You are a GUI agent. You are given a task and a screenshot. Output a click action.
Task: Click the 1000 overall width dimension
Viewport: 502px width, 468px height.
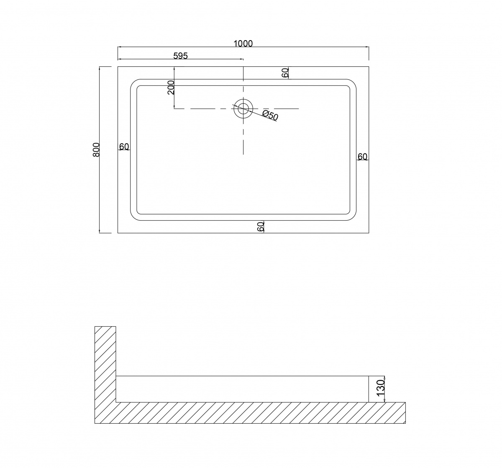pyautogui.click(x=243, y=44)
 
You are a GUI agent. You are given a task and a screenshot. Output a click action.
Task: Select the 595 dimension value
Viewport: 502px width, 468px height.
pyautogui.click(x=180, y=56)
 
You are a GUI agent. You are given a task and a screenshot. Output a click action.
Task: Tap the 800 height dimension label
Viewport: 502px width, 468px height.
pyautogui.click(x=96, y=150)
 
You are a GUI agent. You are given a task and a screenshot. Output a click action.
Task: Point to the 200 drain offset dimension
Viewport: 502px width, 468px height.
pyautogui.click(x=171, y=87)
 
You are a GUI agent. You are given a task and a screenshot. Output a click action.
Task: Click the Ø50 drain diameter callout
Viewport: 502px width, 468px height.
pyautogui.click(x=270, y=115)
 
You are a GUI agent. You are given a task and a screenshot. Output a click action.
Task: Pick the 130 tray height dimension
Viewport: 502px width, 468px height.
pyautogui.click(x=380, y=388)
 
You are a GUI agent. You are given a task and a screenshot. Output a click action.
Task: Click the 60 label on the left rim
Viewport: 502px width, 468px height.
pyautogui.click(x=124, y=147)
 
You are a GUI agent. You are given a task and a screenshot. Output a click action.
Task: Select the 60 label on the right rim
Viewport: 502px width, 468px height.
pyautogui.click(x=362, y=157)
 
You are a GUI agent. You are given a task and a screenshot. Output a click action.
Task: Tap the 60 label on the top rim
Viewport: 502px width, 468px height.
pyautogui.click(x=285, y=73)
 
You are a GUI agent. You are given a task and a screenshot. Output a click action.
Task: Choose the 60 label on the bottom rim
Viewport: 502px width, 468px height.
pyautogui.click(x=260, y=227)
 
